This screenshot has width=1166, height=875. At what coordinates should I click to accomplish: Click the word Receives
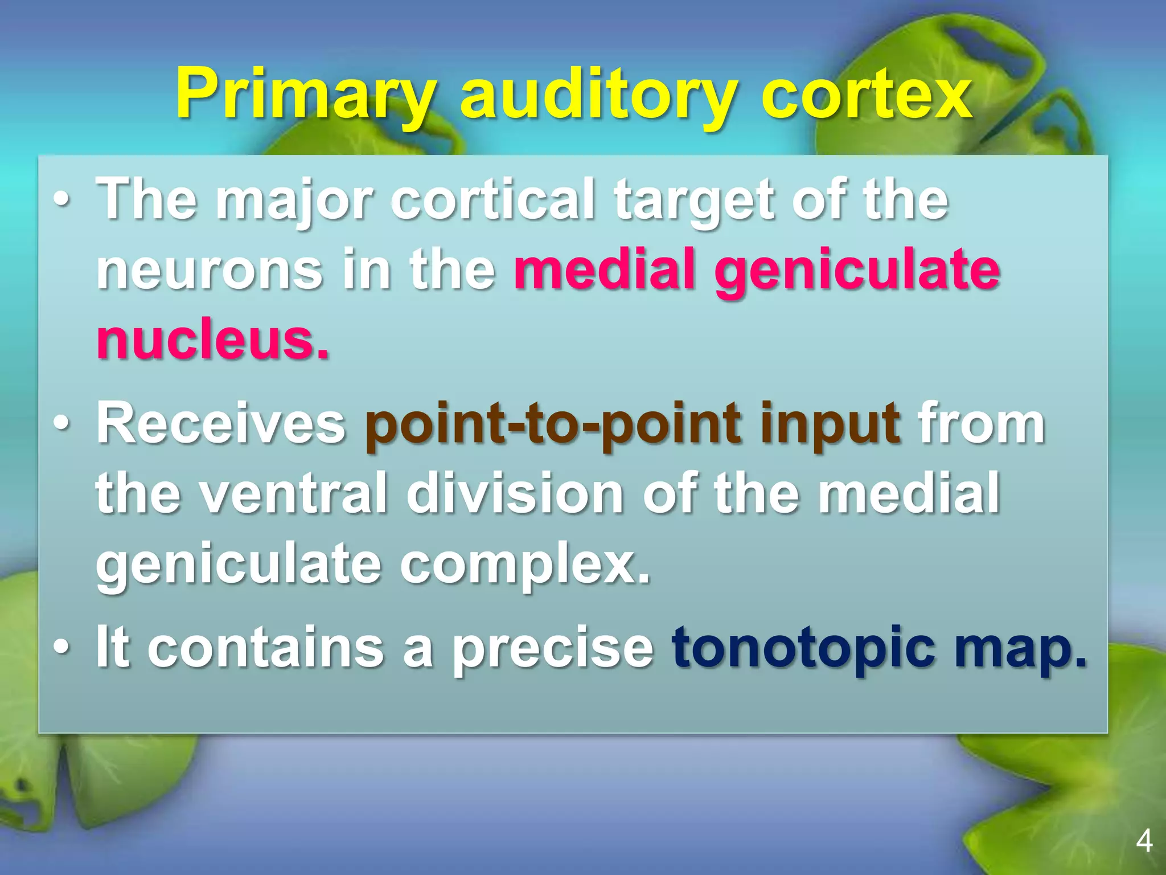[221, 424]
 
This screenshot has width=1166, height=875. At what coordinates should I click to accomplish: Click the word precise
[552, 648]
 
